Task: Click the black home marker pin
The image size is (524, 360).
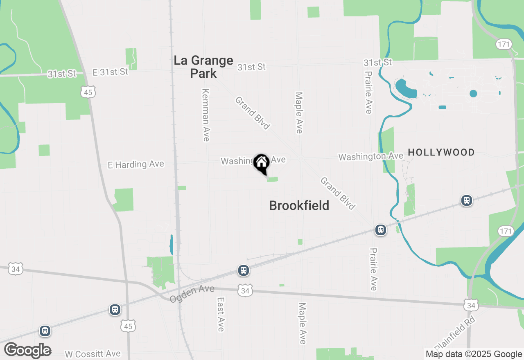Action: click(x=261, y=164)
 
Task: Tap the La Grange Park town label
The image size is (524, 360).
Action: click(x=203, y=67)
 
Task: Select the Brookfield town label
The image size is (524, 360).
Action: click(x=299, y=205)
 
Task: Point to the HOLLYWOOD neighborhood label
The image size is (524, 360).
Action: click(x=441, y=153)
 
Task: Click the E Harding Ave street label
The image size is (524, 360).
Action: click(x=136, y=164)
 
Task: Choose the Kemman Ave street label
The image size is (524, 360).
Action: click(x=206, y=115)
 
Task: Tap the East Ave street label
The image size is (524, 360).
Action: click(x=221, y=314)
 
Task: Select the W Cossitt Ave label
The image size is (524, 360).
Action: click(x=93, y=354)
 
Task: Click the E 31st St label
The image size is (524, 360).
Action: click(x=110, y=72)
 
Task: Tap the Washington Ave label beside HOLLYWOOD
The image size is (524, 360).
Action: click(x=370, y=156)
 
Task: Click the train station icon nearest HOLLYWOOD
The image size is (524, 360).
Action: click(x=466, y=200)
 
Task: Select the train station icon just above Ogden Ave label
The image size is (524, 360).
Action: click(x=244, y=270)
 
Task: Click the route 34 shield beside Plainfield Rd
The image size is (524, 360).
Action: click(x=472, y=305)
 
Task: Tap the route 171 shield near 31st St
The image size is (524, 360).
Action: click(x=503, y=44)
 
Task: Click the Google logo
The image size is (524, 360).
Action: click(x=28, y=351)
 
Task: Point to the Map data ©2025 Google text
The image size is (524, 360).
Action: click(x=473, y=354)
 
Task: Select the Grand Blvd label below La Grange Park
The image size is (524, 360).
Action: click(x=252, y=113)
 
